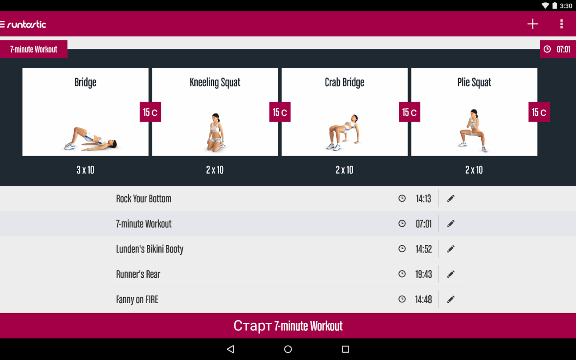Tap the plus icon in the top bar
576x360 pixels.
point(532,24)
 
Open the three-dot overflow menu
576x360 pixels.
point(561,24)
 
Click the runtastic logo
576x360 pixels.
point(26,24)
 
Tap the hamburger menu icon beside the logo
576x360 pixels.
point(2,24)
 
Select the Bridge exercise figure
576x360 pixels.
point(90,138)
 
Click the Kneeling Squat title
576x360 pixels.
point(215,82)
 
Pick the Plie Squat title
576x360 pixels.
point(474,82)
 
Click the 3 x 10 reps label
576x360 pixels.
point(85,170)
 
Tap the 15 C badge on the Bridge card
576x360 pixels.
point(150,112)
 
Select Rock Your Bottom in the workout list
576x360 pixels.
point(144,198)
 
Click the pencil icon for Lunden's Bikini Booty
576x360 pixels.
point(450,249)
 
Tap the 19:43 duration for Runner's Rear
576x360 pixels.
point(424,274)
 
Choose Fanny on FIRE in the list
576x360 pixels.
point(137,300)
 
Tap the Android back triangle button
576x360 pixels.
point(230,349)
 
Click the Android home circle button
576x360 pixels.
point(288,349)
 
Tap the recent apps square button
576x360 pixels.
point(345,349)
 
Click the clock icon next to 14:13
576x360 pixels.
point(402,198)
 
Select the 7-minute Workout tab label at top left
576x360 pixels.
point(34,49)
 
